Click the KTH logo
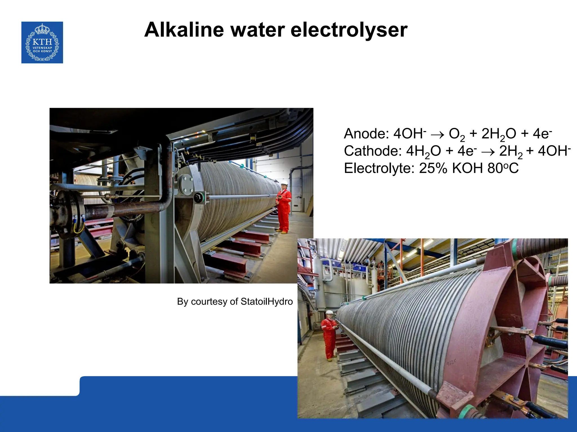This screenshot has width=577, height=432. pyautogui.click(x=42, y=42)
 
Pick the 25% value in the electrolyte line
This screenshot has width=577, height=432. pyautogui.click(x=433, y=168)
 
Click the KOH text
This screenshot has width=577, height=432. pyautogui.click(x=467, y=168)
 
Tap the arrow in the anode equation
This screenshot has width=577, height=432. pyautogui.click(x=437, y=134)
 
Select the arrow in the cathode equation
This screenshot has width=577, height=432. pyautogui.click(x=488, y=152)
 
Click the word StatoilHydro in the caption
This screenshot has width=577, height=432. pyautogui.click(x=267, y=301)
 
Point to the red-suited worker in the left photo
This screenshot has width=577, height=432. pyautogui.click(x=284, y=208)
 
